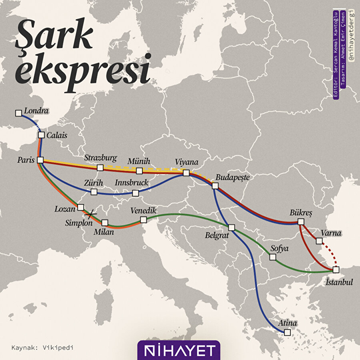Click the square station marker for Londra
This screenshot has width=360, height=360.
pos(18,113)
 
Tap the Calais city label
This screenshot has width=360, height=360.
pos(57,135)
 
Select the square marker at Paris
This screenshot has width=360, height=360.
pos(40,160)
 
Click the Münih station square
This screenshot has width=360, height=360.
pos(139,171)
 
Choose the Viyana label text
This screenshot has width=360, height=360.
pos(187,162)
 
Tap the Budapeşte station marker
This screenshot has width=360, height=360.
pos(215,186)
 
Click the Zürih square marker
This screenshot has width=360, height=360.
pos(94,192)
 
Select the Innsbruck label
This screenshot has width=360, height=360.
pos(132,182)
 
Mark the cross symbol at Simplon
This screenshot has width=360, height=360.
pos(93,214)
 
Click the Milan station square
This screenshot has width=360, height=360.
pos(105,222)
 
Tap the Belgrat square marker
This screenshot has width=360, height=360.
pos(232,228)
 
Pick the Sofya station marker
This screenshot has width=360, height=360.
pos(273,257)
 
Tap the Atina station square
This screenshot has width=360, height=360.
pos(287,332)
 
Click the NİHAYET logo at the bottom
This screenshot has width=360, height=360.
pos(179,350)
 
